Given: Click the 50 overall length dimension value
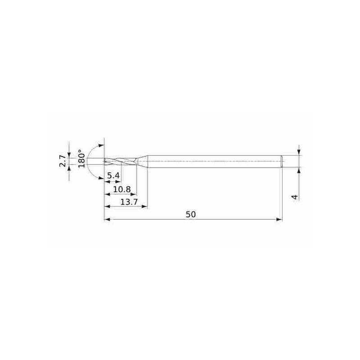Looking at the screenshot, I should (191, 215).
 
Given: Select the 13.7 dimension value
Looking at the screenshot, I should (129, 202).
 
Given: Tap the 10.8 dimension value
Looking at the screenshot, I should (121, 189).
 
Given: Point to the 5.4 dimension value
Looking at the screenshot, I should (113, 175).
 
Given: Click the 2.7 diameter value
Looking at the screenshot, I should (63, 161).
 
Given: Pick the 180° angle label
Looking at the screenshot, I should (81, 159).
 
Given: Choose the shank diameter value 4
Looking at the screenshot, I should (295, 197).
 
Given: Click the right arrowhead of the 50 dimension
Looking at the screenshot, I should (279, 220).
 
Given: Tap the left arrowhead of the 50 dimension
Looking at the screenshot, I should (107, 220).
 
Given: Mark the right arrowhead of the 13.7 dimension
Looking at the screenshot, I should (144, 207).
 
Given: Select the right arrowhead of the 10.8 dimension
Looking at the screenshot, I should (134, 194).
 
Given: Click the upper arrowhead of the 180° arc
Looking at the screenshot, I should (101, 146).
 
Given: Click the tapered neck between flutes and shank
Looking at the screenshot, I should (142, 161).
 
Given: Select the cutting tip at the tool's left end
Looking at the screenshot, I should (105, 161).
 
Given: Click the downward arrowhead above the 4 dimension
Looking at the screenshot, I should (299, 153).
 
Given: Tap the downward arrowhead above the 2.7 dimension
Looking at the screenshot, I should (69, 152).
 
